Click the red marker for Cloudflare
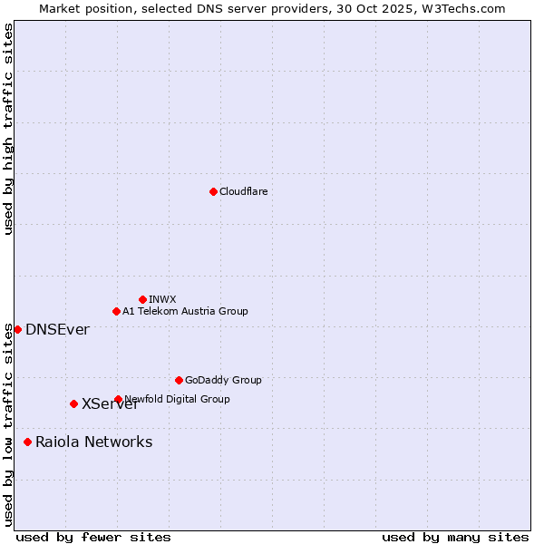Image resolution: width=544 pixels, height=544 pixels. (213, 191)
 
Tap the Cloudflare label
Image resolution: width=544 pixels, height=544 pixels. (243, 191)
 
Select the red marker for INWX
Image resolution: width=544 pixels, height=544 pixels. (142, 299)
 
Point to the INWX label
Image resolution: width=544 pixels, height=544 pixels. (162, 299)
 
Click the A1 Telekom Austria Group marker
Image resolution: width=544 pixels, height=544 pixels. (116, 311)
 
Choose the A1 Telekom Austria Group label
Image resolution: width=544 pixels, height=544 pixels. (185, 311)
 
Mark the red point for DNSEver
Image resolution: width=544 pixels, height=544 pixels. (17, 329)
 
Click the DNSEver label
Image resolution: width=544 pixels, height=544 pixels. (57, 329)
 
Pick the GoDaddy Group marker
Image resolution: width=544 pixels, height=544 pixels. (179, 380)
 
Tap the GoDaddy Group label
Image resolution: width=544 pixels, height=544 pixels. (223, 380)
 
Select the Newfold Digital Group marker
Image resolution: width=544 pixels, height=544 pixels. (118, 399)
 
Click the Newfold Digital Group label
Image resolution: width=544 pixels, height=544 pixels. (178, 399)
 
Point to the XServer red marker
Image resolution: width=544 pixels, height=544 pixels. (73, 403)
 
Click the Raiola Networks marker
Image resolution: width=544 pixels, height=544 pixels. (27, 442)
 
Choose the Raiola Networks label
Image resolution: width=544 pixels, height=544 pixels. (93, 442)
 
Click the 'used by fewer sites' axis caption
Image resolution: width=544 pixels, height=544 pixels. (93, 537)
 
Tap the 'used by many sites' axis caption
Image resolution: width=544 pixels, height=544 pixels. (455, 537)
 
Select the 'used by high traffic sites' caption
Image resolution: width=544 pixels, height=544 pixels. (8, 130)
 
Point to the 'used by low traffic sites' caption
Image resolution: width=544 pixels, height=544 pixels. (8, 423)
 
